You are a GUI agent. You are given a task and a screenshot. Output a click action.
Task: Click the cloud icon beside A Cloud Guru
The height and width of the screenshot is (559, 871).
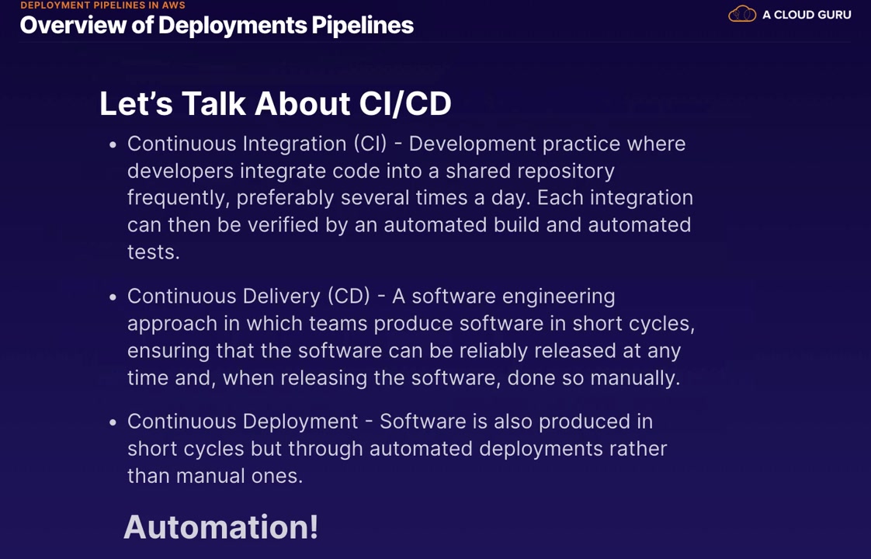[742, 14]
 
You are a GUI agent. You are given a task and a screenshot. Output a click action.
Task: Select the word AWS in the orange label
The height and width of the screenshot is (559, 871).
[173, 5]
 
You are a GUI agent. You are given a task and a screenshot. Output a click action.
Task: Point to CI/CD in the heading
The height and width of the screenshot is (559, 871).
[405, 103]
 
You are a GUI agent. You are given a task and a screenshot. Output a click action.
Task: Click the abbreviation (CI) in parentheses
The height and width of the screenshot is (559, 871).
[370, 144]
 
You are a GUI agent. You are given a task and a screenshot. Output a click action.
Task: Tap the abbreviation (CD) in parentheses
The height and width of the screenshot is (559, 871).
[349, 296]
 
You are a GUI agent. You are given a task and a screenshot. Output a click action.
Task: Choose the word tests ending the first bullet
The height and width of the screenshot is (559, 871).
[153, 253]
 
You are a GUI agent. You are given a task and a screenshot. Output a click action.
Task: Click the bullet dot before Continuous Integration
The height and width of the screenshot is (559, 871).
[113, 145]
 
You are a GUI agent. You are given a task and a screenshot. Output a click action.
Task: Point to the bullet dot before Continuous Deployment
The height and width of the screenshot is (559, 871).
[113, 423]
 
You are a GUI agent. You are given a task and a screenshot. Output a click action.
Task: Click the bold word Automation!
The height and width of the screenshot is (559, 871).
[221, 526]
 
